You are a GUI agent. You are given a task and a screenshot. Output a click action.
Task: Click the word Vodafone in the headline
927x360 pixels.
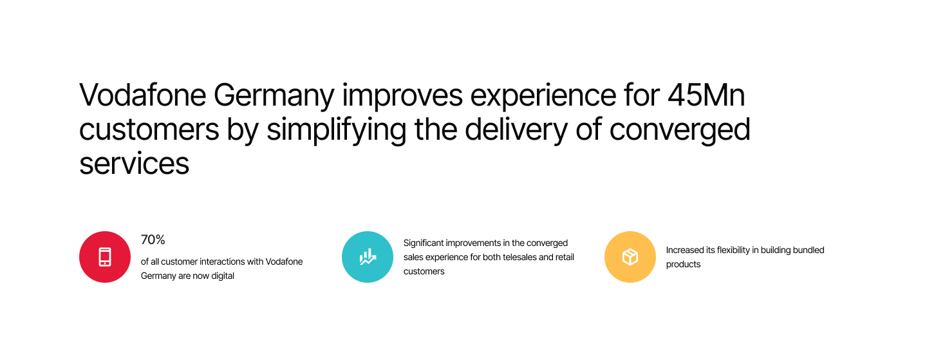[x=142, y=95]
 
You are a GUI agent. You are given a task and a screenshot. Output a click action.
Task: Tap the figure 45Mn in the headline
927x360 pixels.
[x=706, y=95]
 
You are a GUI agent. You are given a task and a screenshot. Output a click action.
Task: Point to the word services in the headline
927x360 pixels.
[x=134, y=164]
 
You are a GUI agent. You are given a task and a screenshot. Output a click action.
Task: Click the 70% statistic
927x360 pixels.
[x=153, y=240]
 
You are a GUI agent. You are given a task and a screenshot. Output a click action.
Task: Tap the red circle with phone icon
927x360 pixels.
[x=105, y=257]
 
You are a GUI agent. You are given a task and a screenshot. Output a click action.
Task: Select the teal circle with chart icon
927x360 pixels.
[x=368, y=257]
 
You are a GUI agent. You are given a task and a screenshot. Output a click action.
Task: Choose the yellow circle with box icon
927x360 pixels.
[x=630, y=257]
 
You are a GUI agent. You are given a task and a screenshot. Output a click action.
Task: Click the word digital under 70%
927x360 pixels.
[x=223, y=276]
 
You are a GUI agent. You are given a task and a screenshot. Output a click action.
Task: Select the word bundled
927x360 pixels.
[x=809, y=251]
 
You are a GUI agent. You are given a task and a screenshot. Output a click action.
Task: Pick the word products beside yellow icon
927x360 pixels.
[x=683, y=265]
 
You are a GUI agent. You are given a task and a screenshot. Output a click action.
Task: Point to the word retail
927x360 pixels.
[x=565, y=258]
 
